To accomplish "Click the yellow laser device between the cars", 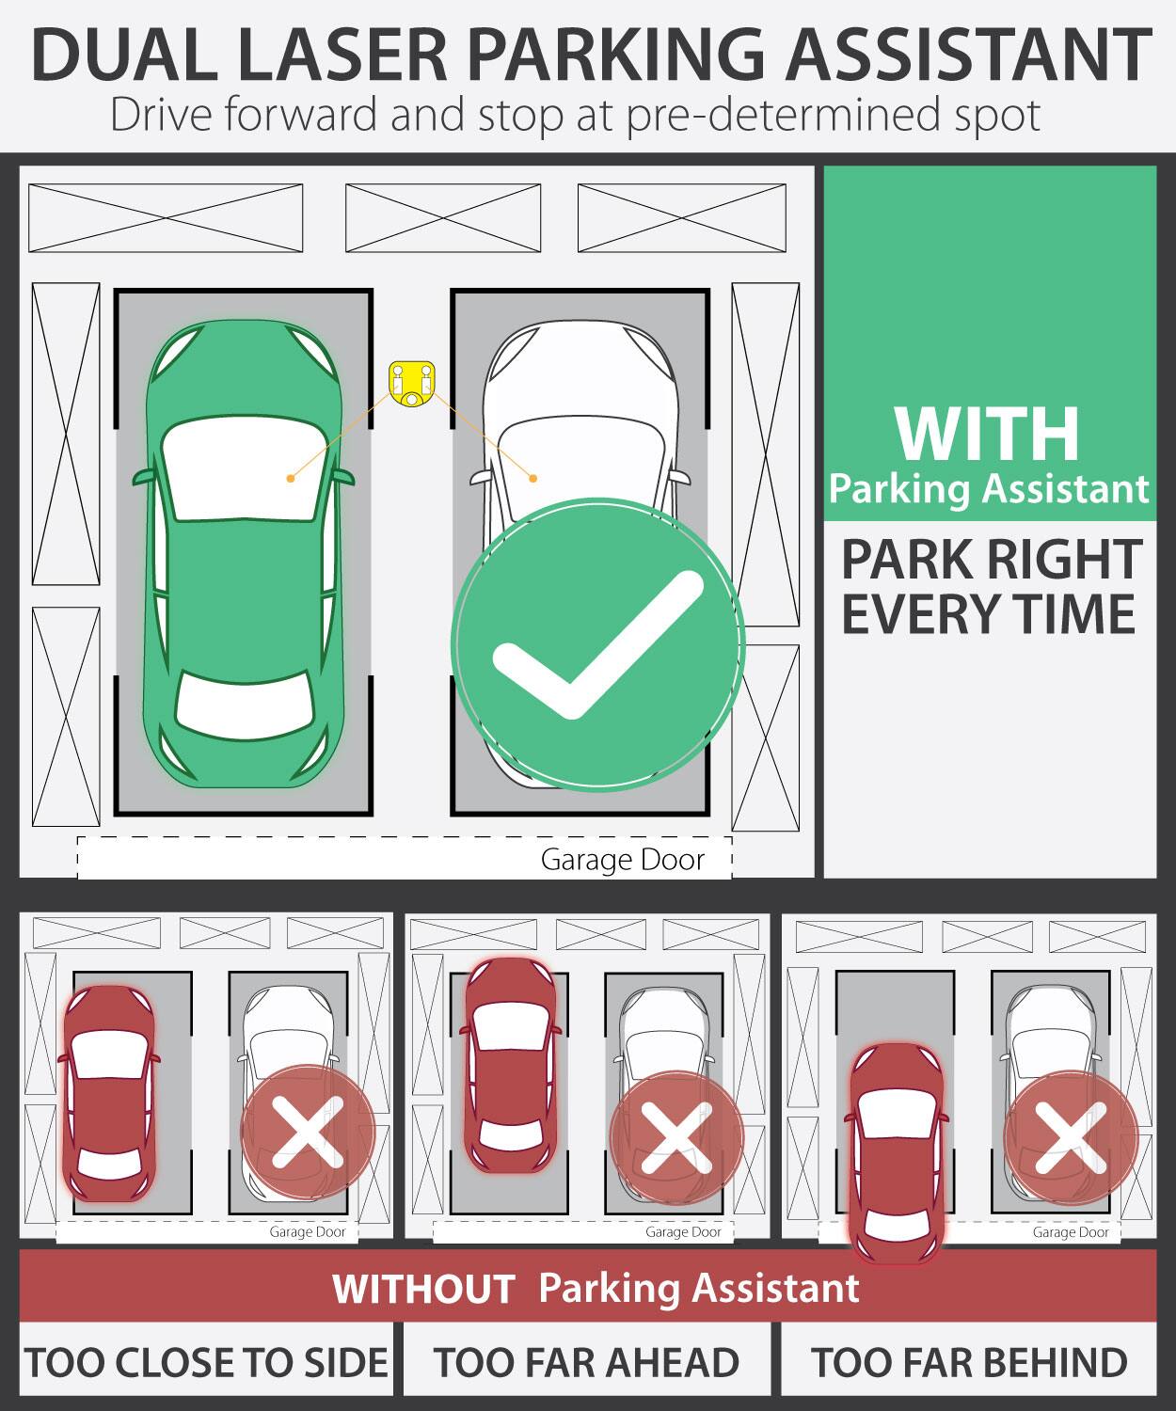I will [412, 383].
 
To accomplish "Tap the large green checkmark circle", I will [597, 645].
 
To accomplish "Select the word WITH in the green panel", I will [987, 434].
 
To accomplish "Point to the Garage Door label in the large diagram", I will [622, 860].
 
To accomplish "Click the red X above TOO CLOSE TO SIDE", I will [308, 1132].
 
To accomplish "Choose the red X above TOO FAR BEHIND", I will [1071, 1136].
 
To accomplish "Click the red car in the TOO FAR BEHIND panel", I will [896, 1152].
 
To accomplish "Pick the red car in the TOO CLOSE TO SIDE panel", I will [108, 1091].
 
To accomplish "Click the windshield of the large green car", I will [242, 468].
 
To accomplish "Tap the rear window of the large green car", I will [245, 705].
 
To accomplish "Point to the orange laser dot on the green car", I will [291, 479].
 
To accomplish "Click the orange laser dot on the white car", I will [532, 479].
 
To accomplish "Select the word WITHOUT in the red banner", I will [422, 1289].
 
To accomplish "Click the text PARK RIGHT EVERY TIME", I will [990, 587].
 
